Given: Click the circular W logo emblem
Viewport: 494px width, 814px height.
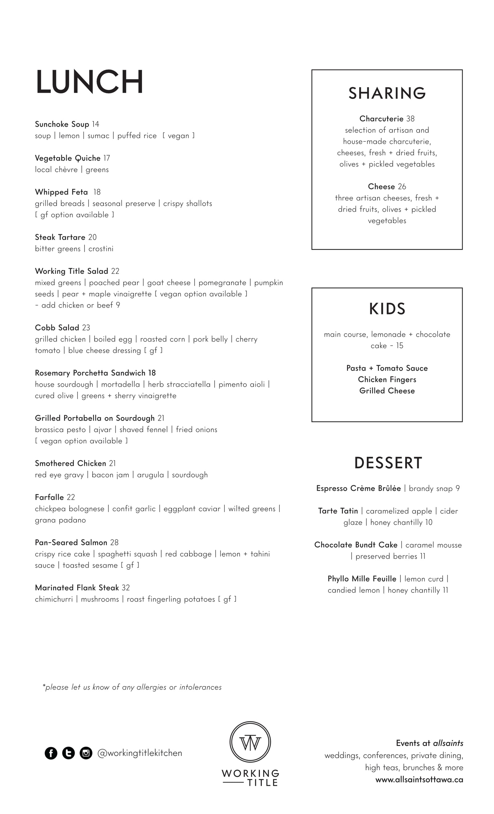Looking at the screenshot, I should coord(250,742).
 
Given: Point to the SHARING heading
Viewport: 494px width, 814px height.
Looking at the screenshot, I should coord(387,93).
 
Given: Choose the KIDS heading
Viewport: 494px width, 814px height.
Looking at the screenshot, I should coord(387,309).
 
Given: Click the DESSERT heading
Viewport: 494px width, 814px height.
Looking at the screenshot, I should coord(388,463).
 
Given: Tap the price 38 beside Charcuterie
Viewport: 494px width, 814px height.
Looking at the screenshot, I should coord(410,119).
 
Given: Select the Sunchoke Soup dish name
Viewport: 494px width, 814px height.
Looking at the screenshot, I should coord(62,124).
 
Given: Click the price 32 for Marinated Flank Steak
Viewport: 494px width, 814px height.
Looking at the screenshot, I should coord(126,588).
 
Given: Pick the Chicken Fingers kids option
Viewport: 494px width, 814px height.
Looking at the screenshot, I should coord(387,380).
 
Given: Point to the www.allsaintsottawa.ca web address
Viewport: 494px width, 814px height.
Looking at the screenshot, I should coord(419,780).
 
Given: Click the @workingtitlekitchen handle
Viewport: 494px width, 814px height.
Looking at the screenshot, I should coord(140,753).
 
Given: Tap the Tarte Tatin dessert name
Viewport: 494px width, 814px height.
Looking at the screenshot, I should coord(338,511).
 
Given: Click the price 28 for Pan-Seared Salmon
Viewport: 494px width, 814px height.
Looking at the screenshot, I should coord(114,542).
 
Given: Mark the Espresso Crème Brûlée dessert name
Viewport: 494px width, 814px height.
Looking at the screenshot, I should coord(358,488).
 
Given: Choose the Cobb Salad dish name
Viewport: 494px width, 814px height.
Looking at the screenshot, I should coord(57,328).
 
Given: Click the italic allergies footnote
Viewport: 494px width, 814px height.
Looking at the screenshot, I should coord(132,687).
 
